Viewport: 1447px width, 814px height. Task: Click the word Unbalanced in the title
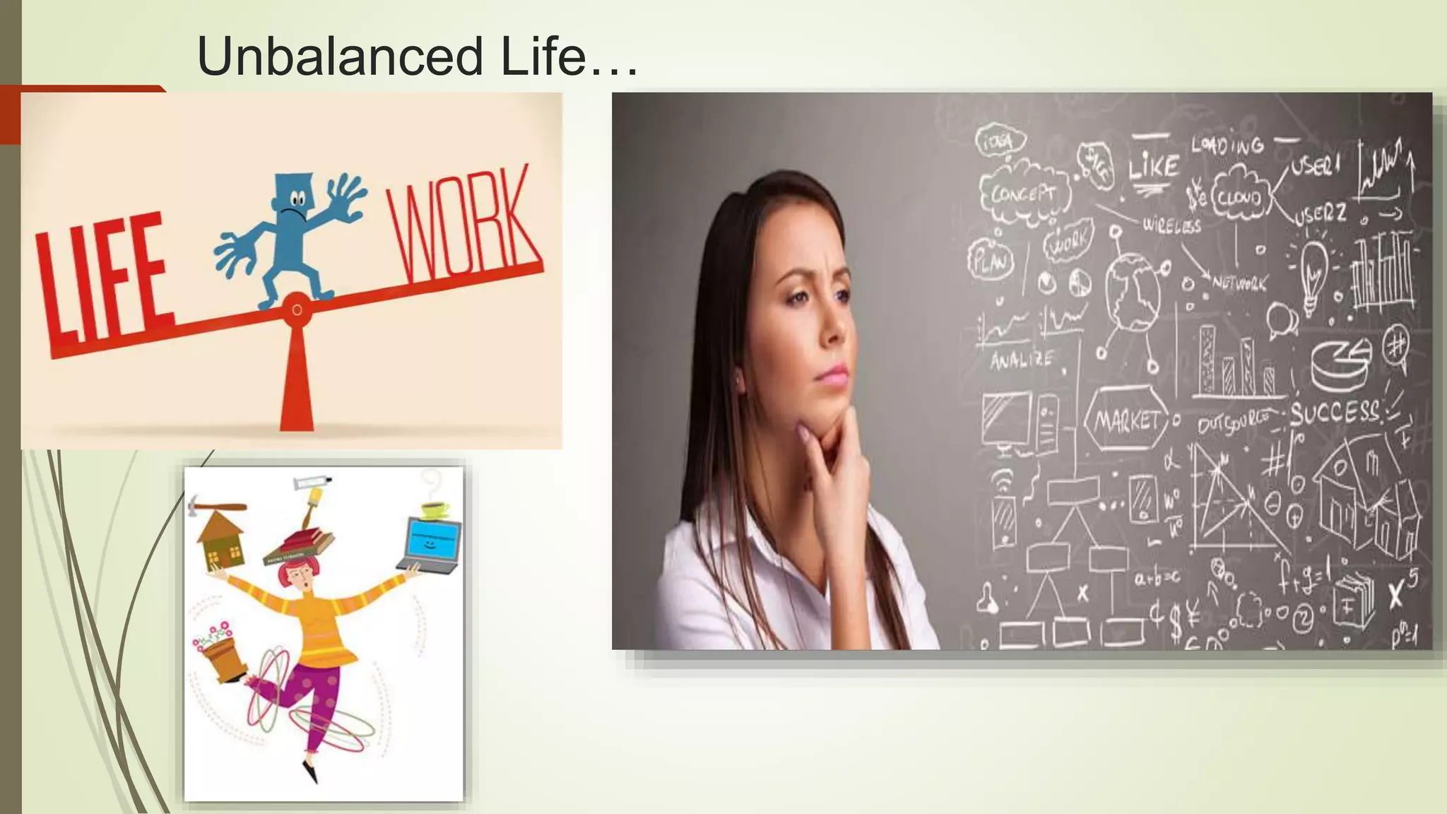(x=340, y=57)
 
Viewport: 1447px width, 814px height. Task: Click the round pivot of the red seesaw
(x=297, y=309)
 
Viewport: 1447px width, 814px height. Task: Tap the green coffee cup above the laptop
(x=435, y=508)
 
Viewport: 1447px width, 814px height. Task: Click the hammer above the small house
(x=215, y=505)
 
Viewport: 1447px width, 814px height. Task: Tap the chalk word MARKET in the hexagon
(x=1127, y=421)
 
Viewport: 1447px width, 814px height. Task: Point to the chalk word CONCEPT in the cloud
(x=1024, y=193)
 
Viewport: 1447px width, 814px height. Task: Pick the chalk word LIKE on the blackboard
(x=1153, y=167)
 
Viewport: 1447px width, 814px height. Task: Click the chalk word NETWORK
(x=1239, y=283)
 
